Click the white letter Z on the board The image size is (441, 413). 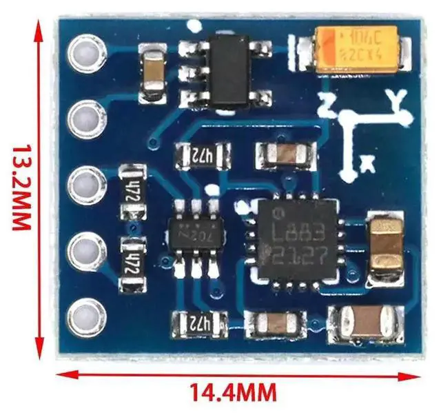click(327, 106)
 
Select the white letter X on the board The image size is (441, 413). click(368, 163)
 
